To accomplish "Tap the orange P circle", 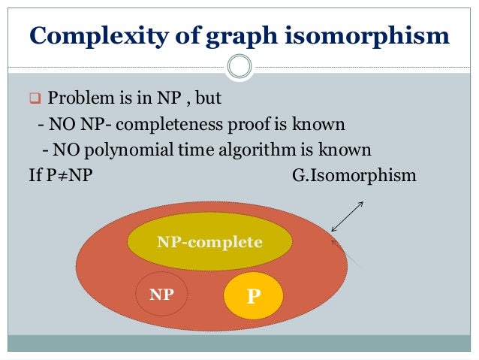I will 254,295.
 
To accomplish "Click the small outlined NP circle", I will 161,295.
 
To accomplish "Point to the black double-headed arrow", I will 348,216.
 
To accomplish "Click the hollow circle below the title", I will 239,67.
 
